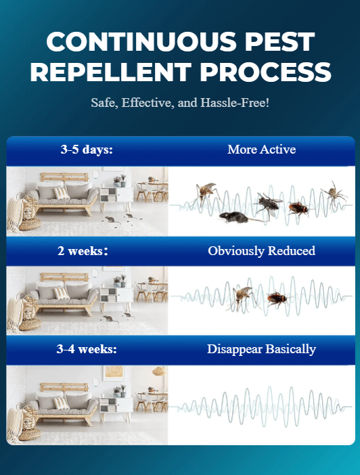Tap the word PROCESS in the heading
265,72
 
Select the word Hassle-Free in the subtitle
235,103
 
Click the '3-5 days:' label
87,150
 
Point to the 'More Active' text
261,150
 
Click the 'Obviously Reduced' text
261,251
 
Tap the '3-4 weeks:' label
87,349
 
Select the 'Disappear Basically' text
261,349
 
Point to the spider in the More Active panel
334,194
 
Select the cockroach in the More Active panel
298,208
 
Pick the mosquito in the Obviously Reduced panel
242,298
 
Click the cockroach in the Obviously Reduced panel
277,298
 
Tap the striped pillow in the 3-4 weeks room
62,403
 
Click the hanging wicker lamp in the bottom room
159,371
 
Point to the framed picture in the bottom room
114,373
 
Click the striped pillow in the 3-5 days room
62,194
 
